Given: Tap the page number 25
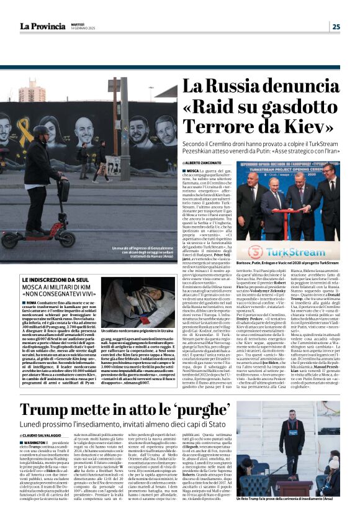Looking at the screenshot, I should tap(336, 26).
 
